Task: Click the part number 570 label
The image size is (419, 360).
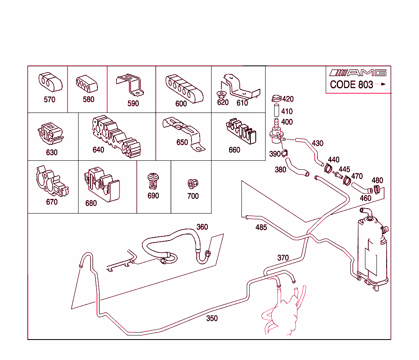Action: click(x=50, y=99)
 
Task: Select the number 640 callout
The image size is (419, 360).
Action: click(x=98, y=150)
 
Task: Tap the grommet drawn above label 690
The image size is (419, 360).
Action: click(x=153, y=180)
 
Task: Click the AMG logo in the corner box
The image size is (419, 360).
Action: click(x=358, y=73)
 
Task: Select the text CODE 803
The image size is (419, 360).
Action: click(x=351, y=85)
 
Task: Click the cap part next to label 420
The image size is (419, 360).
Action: click(x=276, y=98)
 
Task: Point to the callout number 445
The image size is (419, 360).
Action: click(x=344, y=169)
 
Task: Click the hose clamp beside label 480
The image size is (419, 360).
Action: click(x=378, y=189)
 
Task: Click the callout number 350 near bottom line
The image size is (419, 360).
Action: click(x=212, y=318)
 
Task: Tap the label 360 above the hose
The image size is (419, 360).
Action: click(x=202, y=227)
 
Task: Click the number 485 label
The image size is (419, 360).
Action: click(x=261, y=227)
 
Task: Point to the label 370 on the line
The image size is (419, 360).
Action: click(x=283, y=258)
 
